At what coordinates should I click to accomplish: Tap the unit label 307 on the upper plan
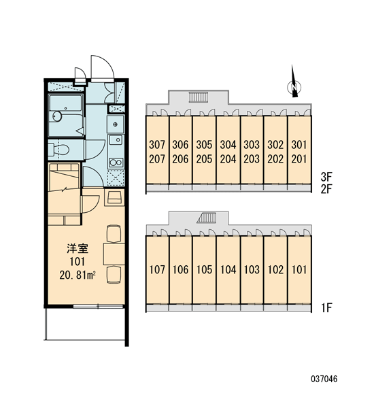pos(157,145)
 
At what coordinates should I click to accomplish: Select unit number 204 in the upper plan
pos(228,159)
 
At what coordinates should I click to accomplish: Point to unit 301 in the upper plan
pos(299,145)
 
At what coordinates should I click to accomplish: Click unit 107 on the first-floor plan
pos(157,269)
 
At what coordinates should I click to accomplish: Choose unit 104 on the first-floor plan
pos(228,269)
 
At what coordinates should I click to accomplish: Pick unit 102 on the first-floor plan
pos(275,269)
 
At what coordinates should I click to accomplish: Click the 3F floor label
pos(326,177)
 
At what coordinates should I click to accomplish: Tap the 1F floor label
pos(326,308)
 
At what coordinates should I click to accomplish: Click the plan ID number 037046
pos(324,379)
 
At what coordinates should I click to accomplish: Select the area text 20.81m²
pos(78,275)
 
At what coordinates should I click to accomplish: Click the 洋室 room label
pos(78,248)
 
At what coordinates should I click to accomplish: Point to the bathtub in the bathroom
pos(66,116)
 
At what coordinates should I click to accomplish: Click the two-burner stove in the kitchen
pos(116,163)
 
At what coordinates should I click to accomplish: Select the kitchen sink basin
pos(116,140)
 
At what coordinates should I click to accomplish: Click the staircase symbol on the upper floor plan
pos(199,97)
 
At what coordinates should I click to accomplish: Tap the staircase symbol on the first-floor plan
pos(207,218)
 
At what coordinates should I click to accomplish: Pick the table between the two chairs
pos(114,254)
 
